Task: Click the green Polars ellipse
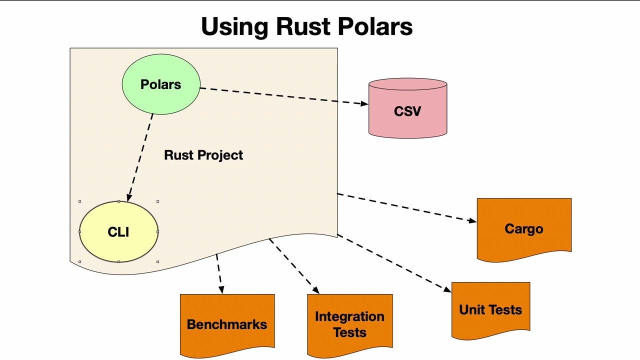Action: (x=161, y=84)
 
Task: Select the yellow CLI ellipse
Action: (x=118, y=232)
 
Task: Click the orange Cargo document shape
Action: (x=523, y=228)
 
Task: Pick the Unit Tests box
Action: (x=490, y=309)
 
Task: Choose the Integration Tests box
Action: (x=349, y=324)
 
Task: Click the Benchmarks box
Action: (x=227, y=324)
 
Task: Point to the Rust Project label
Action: (x=203, y=155)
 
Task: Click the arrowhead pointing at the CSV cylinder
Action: (x=364, y=103)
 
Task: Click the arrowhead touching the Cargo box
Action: (x=472, y=220)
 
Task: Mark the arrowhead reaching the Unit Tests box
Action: (x=447, y=288)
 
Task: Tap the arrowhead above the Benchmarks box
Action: (x=221, y=289)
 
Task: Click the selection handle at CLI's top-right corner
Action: (x=158, y=201)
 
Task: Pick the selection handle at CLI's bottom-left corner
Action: (x=80, y=261)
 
